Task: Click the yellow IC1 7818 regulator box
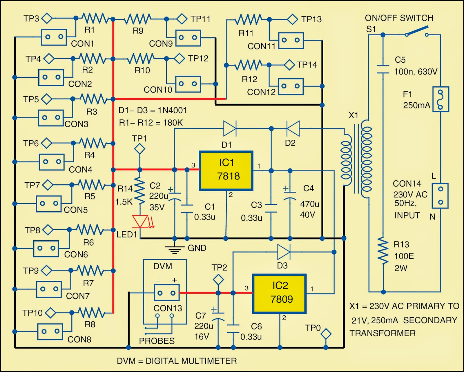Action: (x=226, y=170)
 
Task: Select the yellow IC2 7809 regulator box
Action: (x=280, y=293)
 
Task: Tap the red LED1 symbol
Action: (x=140, y=221)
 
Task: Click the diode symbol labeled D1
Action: (x=230, y=128)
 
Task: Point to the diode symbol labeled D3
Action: (x=283, y=252)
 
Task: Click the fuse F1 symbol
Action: (x=441, y=99)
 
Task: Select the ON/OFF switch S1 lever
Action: (x=416, y=31)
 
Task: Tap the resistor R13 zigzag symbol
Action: (x=383, y=251)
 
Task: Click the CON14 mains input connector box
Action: (x=440, y=196)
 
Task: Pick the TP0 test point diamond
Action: (x=326, y=334)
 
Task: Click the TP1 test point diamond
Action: (x=139, y=149)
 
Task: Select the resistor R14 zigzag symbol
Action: (x=140, y=191)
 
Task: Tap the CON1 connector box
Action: (x=54, y=37)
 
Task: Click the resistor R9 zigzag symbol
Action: (x=137, y=19)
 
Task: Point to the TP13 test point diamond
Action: (x=292, y=19)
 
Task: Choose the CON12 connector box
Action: (x=291, y=86)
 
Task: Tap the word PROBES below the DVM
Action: (x=157, y=341)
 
